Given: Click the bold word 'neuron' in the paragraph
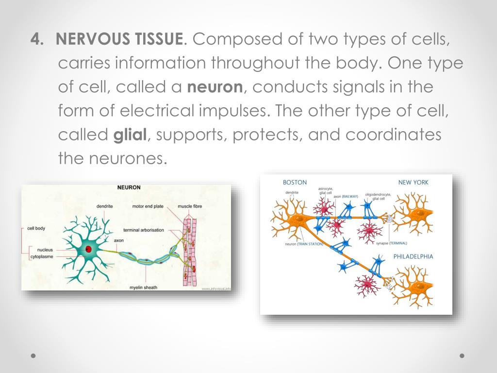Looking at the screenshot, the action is click(x=215, y=87).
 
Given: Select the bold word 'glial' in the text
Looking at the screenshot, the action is click(x=130, y=135).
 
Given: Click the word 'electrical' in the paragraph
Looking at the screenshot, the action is click(x=160, y=111).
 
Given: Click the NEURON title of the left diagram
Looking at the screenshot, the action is click(x=129, y=187).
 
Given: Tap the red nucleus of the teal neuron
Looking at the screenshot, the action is click(x=89, y=249).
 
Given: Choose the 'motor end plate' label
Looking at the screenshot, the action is click(x=148, y=206).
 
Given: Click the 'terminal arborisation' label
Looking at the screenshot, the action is click(x=144, y=230).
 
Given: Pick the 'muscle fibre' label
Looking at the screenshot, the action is click(x=190, y=206).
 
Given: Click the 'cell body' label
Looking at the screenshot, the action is click(x=36, y=228).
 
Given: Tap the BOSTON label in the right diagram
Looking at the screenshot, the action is click(x=295, y=183).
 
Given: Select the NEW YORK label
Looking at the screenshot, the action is click(x=413, y=183).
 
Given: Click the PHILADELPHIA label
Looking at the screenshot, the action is click(x=413, y=256).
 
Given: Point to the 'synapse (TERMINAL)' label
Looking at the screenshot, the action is click(x=391, y=243).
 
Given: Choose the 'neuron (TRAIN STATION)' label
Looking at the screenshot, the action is click(x=303, y=244).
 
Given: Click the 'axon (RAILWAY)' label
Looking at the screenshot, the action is click(x=346, y=196).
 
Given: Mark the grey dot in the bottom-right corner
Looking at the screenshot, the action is click(x=462, y=356).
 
